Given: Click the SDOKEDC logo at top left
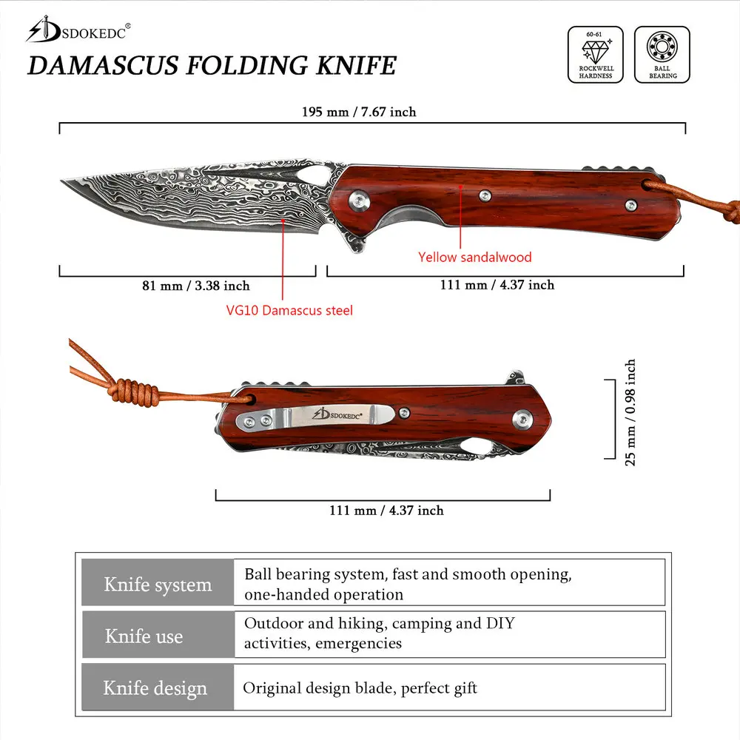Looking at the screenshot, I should [78, 30].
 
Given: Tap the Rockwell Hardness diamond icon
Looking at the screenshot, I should [596, 54].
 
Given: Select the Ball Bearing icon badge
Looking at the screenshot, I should [662, 54].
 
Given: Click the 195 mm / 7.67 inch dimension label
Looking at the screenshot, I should [359, 112].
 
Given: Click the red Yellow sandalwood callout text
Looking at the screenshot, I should [475, 258].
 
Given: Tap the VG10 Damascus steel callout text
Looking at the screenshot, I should [289, 310].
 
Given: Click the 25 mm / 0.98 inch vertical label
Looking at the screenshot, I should [630, 412].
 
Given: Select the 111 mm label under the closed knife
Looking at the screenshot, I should [386, 510].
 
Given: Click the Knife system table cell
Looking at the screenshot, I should [158, 585].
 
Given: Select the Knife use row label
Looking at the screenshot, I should [144, 636].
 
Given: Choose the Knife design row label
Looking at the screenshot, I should [155, 688].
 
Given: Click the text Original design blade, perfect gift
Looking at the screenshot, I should [360, 688].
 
